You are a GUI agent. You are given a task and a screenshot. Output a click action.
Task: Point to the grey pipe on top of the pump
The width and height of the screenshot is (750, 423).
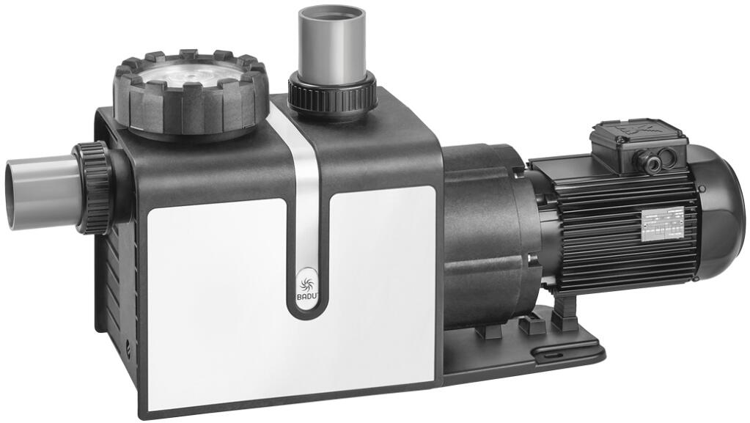331,40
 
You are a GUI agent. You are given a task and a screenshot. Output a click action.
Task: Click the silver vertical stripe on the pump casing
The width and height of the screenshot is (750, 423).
302,191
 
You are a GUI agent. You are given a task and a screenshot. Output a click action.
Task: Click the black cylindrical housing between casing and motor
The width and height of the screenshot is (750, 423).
480,235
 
